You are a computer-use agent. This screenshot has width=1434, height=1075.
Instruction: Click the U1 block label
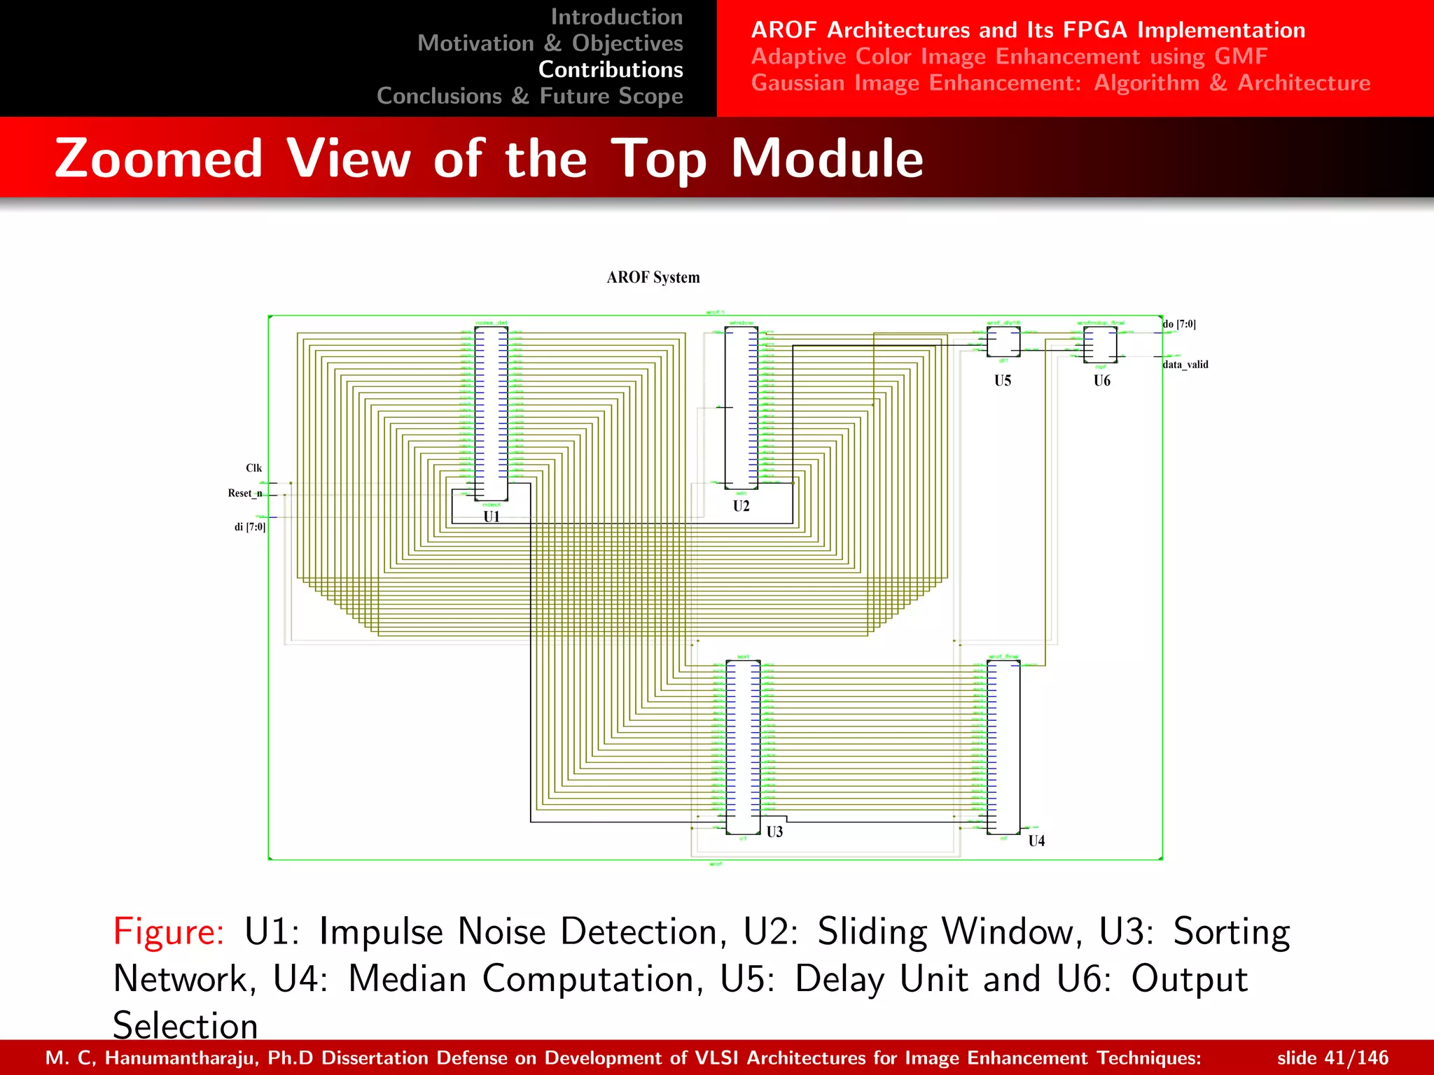pos(492,517)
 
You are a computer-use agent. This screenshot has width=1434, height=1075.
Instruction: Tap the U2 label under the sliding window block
pos(742,506)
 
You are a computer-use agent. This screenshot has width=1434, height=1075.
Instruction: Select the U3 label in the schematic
pos(774,832)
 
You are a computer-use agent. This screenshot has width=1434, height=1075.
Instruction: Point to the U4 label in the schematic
pos(1036,841)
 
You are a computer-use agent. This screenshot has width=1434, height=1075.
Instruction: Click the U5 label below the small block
pos(1003,381)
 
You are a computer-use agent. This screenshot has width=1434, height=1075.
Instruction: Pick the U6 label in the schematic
pos(1102,381)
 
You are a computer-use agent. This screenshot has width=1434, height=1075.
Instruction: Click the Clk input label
pos(253,468)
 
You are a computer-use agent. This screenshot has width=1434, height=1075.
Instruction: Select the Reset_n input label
pos(245,493)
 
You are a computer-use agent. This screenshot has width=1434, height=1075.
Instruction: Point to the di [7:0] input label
pos(250,527)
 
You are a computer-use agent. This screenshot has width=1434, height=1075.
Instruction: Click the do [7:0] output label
pos(1180,324)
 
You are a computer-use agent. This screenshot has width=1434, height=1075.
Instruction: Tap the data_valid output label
pos(1185,365)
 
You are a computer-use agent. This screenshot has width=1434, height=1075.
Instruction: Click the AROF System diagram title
pos(653,278)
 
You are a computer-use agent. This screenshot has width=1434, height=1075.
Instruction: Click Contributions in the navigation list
pos(611,70)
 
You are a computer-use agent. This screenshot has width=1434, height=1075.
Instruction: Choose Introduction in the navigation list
pos(616,17)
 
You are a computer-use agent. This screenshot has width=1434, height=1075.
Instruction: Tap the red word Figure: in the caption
pos(169,932)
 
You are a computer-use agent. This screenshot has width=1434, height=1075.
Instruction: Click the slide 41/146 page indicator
pos(1332,1058)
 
